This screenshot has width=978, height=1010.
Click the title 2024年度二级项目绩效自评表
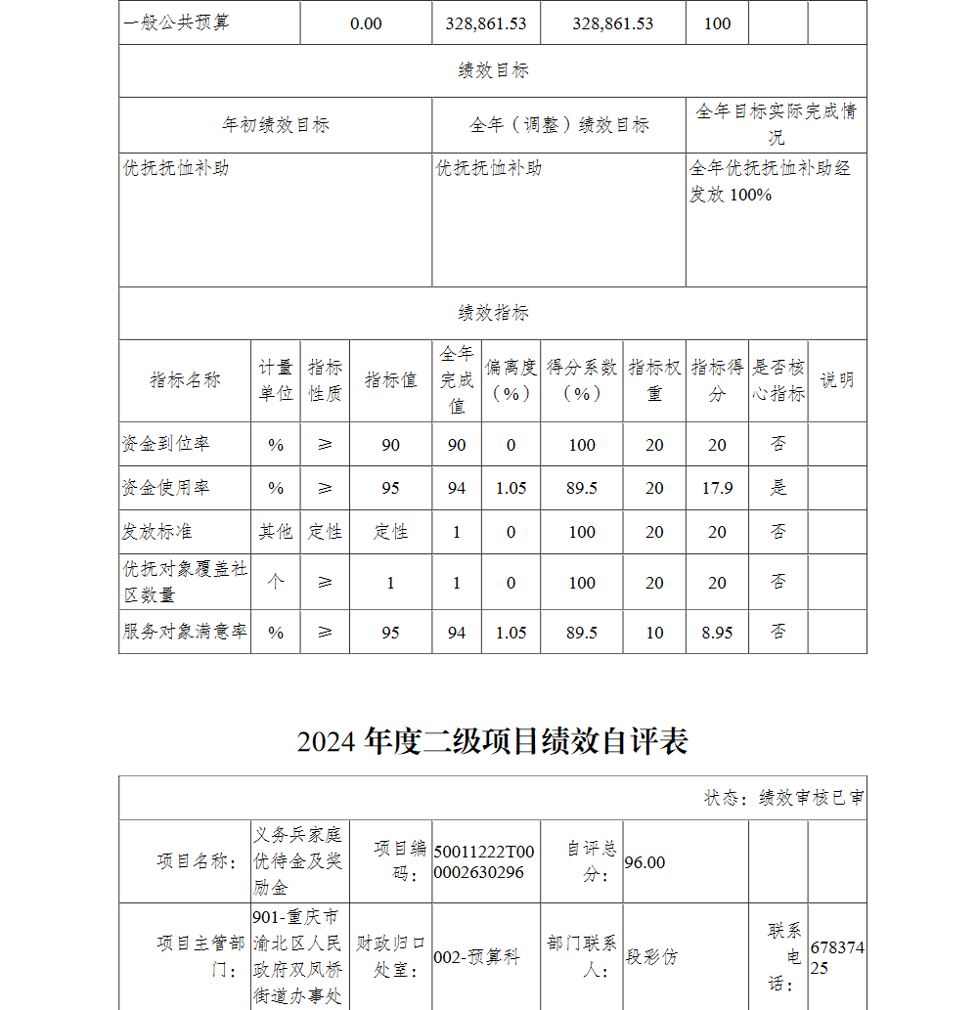493,741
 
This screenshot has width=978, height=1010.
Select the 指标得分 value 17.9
717,488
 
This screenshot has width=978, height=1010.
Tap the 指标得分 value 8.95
717,633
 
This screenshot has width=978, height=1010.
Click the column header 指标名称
185,380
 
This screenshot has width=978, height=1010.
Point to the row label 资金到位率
166,444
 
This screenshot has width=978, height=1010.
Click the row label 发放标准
157,532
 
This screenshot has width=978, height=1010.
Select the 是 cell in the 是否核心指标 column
778,488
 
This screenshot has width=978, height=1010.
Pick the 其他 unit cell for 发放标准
275,532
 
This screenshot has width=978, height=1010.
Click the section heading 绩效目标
493,70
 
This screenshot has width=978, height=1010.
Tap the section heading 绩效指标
493,313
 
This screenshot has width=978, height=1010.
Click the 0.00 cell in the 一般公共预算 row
366,23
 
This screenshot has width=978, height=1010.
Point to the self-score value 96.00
645,862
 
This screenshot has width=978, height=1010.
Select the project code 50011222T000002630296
484,861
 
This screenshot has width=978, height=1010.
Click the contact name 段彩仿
651,957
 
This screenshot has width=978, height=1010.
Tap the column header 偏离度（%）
511,380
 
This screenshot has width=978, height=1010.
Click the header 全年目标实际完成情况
776,124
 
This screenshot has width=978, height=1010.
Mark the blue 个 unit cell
275,582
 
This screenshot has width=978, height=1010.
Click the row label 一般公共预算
177,23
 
